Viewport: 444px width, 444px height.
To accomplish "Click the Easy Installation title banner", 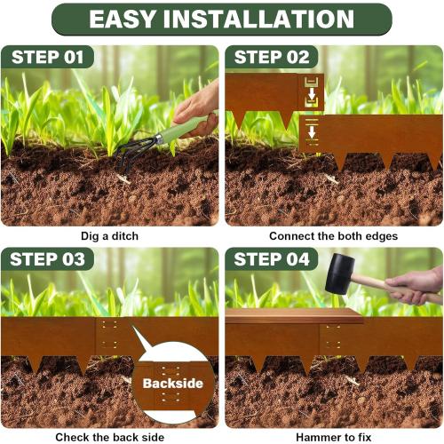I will click(x=221, y=19).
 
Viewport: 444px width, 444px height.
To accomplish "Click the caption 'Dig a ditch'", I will click(x=109, y=236).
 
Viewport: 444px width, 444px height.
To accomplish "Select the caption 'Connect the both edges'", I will click(x=333, y=236).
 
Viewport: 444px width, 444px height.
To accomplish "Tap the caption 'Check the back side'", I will click(x=109, y=437).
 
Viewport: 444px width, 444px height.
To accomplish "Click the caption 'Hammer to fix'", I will click(x=333, y=437).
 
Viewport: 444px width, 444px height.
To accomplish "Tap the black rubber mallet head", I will click(x=340, y=274).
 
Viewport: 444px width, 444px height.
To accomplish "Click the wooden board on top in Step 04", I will click(x=293, y=315).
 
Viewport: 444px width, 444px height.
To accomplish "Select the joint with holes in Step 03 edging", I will click(x=108, y=337).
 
